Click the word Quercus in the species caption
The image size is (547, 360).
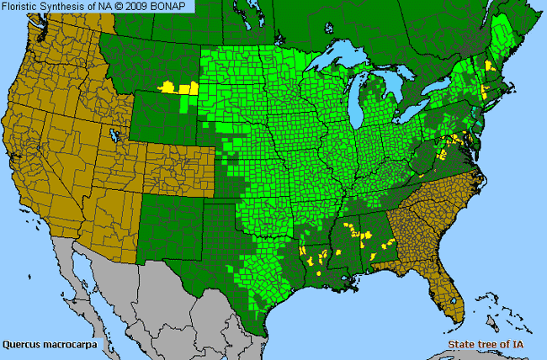pos(23,344)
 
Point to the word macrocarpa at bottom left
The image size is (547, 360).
pos(71,344)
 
